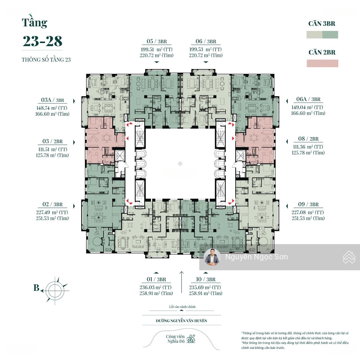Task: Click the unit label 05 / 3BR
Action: click(157, 41)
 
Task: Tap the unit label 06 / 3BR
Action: click(206, 41)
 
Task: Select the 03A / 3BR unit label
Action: click(52, 100)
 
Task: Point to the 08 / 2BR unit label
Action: click(308, 139)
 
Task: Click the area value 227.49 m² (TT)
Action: click(52, 212)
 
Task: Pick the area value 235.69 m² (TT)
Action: click(205, 287)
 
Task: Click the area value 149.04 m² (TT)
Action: click(307, 107)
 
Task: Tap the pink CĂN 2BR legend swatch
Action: click(322, 63)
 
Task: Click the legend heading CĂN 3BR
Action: click(322, 23)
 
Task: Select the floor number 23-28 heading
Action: click(42, 41)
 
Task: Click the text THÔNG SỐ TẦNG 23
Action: click(46, 60)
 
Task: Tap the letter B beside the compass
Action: click(36, 287)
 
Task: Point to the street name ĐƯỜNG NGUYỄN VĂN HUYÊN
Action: click(181, 321)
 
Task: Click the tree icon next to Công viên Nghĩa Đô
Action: click(191, 339)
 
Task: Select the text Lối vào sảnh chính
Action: click(182, 307)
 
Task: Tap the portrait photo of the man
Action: click(212, 257)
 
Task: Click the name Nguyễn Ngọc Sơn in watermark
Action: click(256, 257)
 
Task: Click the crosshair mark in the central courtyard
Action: click(180, 164)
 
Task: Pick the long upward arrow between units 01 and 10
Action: click(181, 282)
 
